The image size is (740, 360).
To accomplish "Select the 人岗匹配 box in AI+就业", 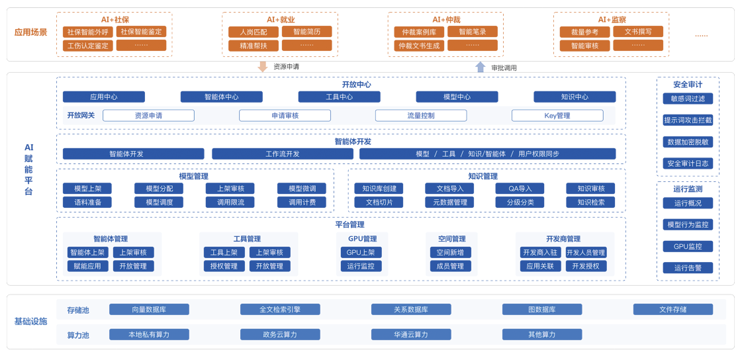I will [254, 32].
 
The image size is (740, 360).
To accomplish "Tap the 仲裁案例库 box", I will [419, 32].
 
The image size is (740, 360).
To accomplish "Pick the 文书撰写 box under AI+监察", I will [637, 31].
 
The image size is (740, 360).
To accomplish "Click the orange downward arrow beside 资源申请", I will [263, 66].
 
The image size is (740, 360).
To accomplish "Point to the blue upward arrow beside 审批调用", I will [481, 67].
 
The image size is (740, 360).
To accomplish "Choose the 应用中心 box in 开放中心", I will [104, 97].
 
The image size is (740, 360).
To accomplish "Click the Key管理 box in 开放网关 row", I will [557, 116].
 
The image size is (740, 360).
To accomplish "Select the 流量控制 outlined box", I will [421, 116].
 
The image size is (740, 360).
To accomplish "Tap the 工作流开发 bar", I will [283, 154].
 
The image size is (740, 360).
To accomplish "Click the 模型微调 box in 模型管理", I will [301, 189].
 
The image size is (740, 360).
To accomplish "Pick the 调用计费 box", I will [301, 202].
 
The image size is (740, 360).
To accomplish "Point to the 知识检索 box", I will [590, 202].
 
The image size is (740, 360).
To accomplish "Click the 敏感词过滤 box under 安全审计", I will [688, 99].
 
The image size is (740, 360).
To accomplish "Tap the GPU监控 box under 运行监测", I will [688, 246].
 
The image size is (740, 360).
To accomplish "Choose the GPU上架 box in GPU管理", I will [361, 252].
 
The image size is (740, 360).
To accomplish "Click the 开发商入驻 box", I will [540, 252].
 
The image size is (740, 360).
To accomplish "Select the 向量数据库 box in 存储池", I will [149, 309].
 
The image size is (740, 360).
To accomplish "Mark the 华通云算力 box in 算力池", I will [411, 334].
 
